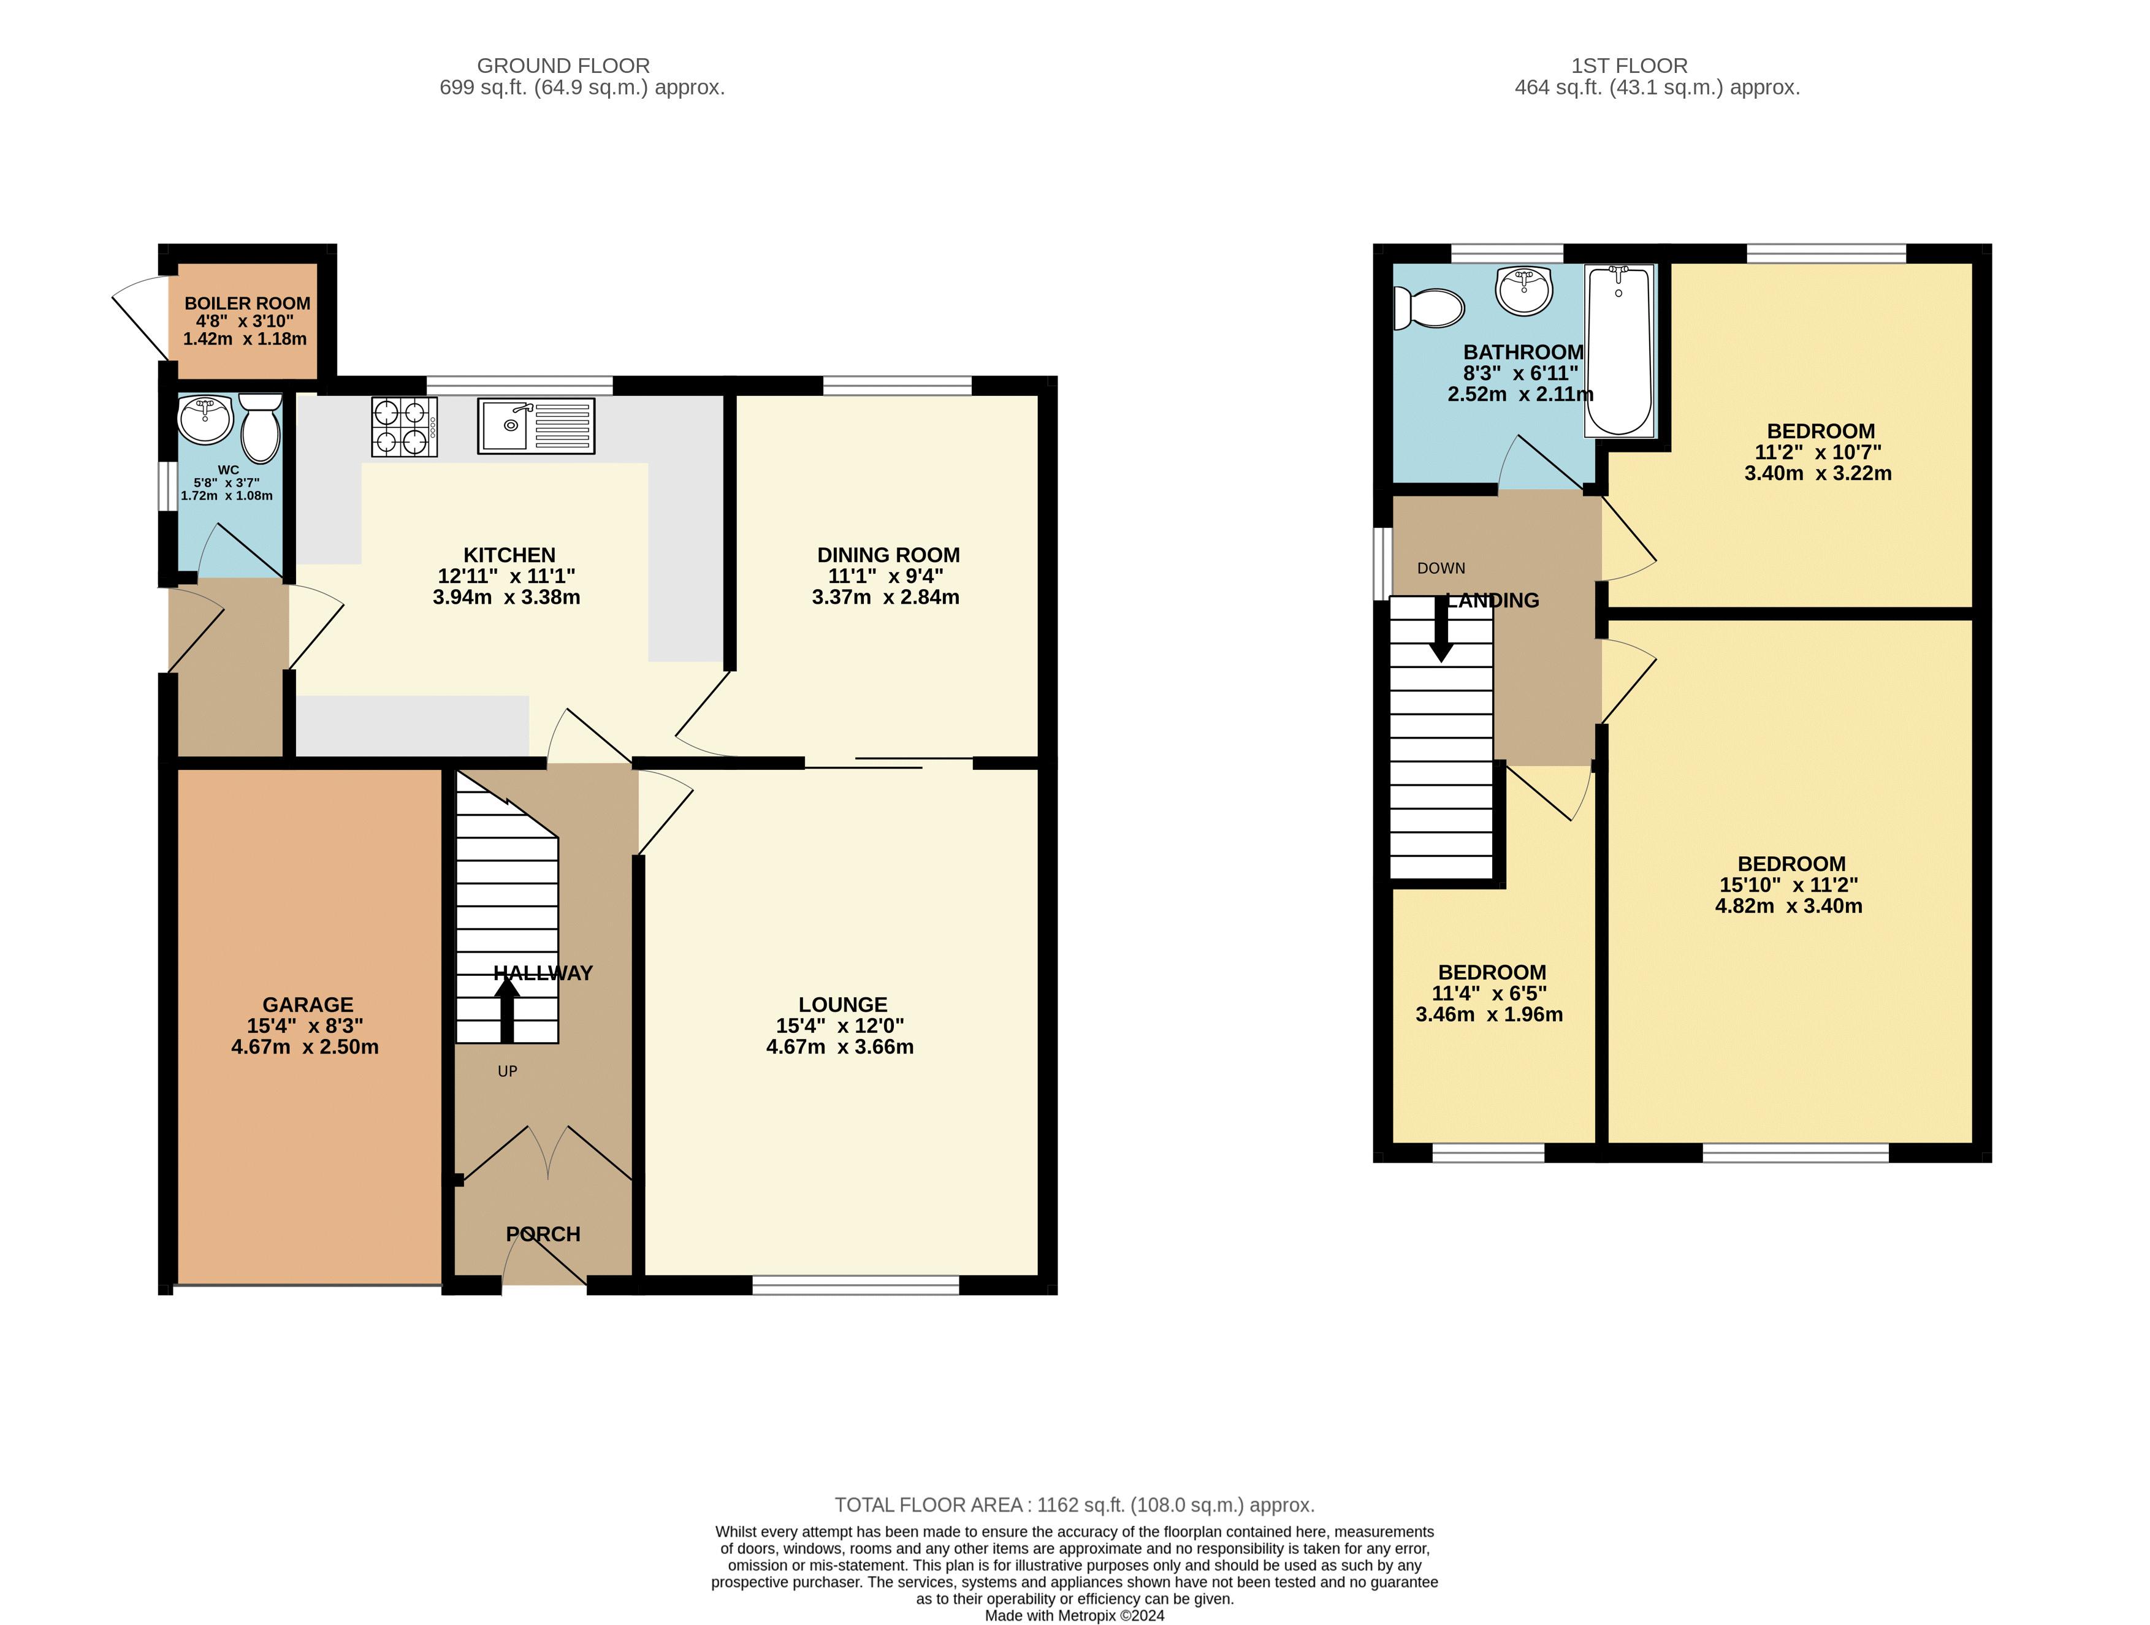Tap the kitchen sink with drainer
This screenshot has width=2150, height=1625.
coord(536,425)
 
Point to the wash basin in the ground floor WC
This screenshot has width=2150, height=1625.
coord(205,419)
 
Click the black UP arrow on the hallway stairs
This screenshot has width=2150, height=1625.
coord(506,1011)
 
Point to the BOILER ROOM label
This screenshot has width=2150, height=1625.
coord(247,303)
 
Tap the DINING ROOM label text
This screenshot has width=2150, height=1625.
coord(888,555)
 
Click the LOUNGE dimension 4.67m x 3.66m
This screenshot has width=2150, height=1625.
coord(840,1047)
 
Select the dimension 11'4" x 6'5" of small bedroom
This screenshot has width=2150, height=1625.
coord(1489,993)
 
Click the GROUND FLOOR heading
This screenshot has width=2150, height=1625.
coord(563,66)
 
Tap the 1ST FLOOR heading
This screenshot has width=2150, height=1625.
coord(1629,66)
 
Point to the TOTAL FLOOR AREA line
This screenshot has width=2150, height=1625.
coord(1074,1504)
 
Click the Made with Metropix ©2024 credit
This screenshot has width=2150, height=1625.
coord(1074,1615)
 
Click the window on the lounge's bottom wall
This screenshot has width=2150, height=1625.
coord(855,1285)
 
